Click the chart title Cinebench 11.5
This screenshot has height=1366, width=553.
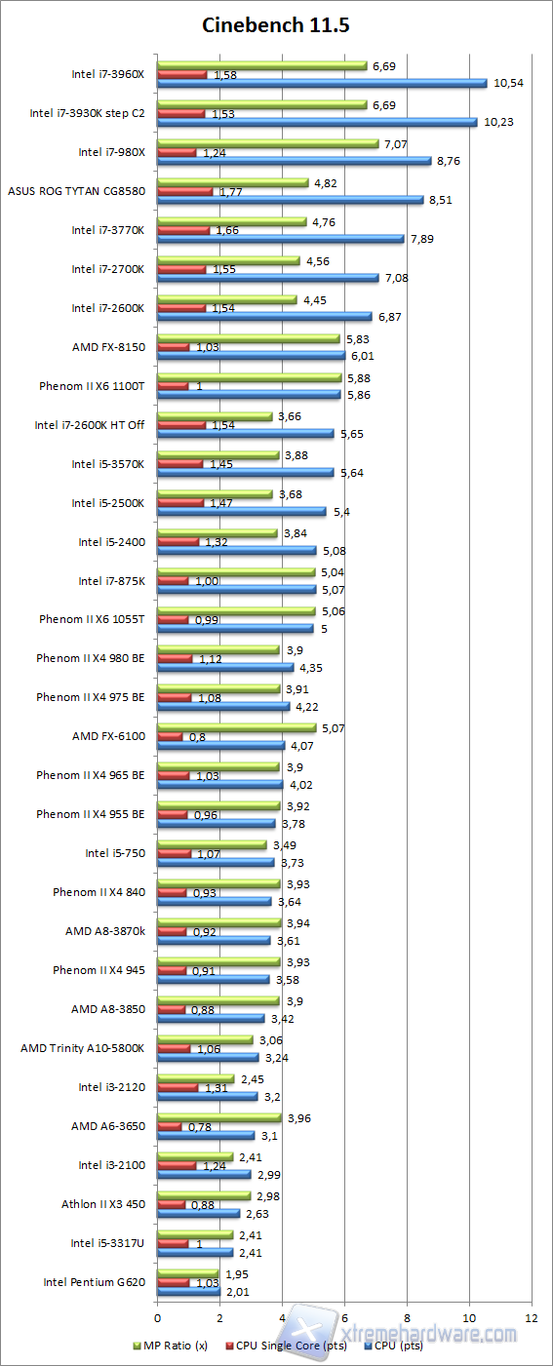click(x=276, y=25)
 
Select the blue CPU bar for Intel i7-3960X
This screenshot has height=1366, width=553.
click(x=322, y=83)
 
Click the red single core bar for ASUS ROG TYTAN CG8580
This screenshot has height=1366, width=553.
click(x=184, y=191)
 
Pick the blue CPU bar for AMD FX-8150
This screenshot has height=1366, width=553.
click(x=251, y=356)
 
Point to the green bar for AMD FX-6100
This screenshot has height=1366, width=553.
click(x=236, y=727)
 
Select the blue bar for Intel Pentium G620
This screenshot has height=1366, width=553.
click(x=188, y=1292)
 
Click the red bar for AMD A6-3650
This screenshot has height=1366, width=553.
click(x=170, y=1126)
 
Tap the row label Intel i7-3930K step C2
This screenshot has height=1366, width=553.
click(x=87, y=113)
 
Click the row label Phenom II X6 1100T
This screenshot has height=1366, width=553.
click(x=92, y=386)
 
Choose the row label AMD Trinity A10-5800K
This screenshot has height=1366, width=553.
click(x=83, y=1048)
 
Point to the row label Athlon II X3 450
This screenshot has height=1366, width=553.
click(x=102, y=1204)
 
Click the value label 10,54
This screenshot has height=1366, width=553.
click(x=509, y=83)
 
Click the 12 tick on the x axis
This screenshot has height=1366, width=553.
click(x=532, y=1316)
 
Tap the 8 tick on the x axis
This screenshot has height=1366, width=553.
click(x=407, y=1316)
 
